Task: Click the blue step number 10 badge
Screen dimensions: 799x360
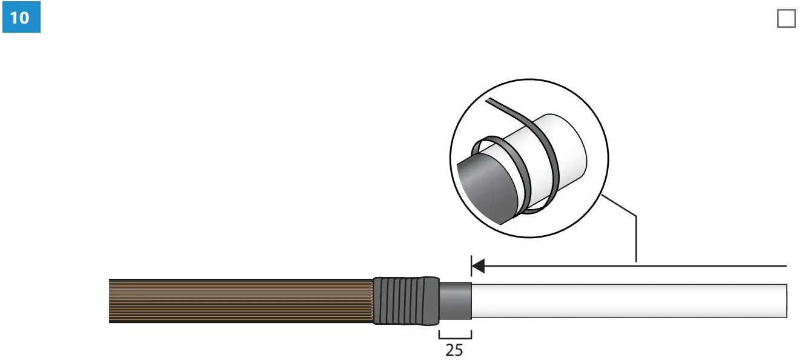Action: click(x=21, y=17)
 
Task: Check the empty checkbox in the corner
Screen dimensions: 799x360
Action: click(x=786, y=19)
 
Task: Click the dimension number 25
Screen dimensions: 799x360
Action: click(x=454, y=350)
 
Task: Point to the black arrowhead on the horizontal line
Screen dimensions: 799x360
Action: click(x=478, y=266)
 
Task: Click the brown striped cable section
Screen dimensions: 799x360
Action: click(x=241, y=301)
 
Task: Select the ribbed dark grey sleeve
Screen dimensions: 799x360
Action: click(x=406, y=301)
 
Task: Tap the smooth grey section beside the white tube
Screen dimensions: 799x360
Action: click(x=456, y=301)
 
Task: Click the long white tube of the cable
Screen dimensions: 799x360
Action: click(x=629, y=301)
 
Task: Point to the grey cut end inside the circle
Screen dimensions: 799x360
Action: click(x=487, y=189)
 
